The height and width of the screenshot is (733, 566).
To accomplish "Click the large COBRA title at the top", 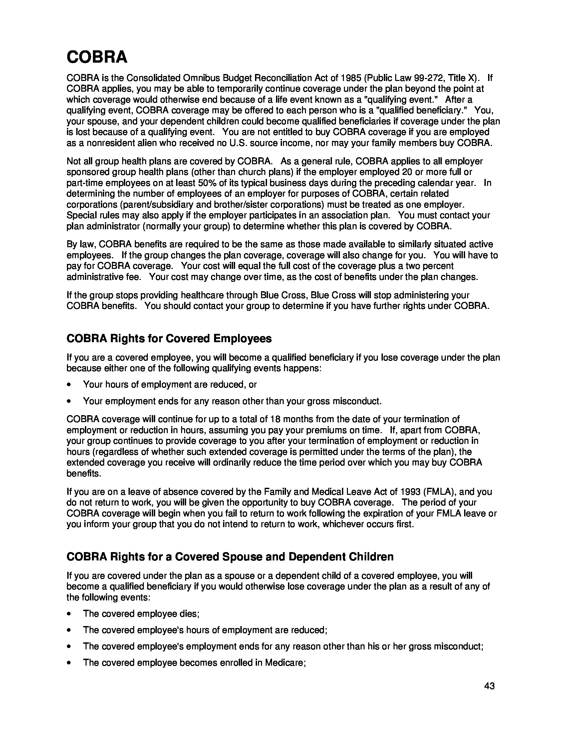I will (97, 57).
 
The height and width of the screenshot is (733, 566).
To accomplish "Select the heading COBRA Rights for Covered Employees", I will (169, 338).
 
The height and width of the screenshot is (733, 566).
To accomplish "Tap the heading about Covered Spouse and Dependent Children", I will (230, 556).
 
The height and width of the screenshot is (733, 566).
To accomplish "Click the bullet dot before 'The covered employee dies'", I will (69, 614).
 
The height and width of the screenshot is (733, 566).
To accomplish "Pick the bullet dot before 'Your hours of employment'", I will (69, 385).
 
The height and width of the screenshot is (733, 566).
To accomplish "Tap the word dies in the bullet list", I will (192, 613).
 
